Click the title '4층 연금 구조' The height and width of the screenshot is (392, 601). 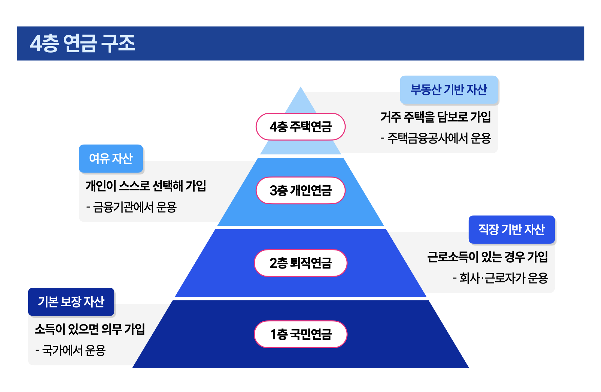point(82,43)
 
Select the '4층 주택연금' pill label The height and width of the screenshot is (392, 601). point(300,127)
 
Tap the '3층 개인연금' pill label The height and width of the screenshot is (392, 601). point(300,190)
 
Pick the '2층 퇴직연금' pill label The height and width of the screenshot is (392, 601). point(300,263)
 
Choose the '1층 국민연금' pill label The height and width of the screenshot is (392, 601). point(300,334)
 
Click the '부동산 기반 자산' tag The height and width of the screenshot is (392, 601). point(449,90)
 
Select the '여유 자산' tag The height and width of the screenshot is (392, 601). point(111,158)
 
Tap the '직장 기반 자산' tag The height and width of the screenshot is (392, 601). point(511,229)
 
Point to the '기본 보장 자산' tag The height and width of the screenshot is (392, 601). point(71,302)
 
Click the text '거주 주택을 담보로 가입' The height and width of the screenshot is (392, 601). point(435,117)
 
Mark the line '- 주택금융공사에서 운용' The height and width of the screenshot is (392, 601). point(435,138)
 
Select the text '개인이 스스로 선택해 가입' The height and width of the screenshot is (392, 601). point(146,186)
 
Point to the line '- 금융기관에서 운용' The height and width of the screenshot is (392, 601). point(132,207)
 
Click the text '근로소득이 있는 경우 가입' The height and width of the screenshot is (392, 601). point(487,257)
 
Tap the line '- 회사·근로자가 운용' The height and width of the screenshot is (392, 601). point(500,278)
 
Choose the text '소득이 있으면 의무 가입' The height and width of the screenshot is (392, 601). point(90,329)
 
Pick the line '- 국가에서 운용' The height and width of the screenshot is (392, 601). point(71,350)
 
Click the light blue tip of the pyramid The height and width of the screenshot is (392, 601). point(300,100)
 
